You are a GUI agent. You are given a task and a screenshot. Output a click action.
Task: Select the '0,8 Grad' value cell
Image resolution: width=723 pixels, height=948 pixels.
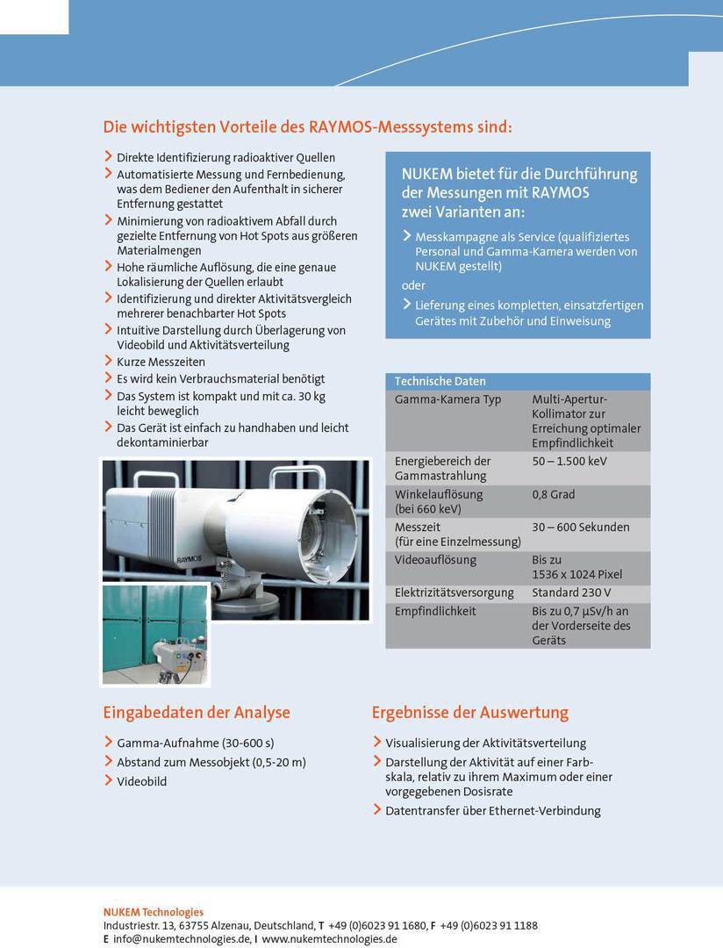tap(554, 494)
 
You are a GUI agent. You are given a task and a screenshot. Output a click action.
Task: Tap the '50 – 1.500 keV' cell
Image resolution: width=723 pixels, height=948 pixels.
tap(569, 461)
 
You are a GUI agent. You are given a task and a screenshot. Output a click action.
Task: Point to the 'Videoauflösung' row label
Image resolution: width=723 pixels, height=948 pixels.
tap(435, 560)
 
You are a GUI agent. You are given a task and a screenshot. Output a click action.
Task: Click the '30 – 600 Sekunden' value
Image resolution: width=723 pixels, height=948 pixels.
tap(580, 528)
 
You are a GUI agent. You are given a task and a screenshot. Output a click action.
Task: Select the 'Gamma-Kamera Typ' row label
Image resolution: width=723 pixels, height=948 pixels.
tap(447, 399)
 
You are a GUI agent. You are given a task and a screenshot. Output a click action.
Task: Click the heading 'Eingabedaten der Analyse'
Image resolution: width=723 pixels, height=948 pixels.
tap(197, 712)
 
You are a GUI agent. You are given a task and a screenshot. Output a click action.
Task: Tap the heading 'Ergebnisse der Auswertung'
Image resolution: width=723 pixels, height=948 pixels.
tap(469, 712)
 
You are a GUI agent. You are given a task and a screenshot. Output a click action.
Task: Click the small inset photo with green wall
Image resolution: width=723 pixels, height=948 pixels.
tap(155, 634)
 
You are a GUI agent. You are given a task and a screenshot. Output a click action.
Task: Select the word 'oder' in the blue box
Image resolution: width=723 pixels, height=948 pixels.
tap(413, 285)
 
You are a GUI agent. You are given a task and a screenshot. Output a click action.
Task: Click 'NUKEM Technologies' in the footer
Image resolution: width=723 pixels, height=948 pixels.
tap(154, 912)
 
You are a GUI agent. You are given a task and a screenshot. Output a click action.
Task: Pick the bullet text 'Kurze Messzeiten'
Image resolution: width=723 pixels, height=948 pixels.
tap(161, 362)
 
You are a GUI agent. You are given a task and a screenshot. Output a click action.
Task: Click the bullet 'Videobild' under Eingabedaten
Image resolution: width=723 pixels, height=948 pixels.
tap(142, 781)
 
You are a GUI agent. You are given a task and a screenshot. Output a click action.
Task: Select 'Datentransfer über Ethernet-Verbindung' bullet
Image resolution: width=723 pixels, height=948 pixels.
tap(493, 810)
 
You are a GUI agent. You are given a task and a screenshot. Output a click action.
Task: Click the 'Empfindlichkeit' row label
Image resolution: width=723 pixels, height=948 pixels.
tap(435, 611)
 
